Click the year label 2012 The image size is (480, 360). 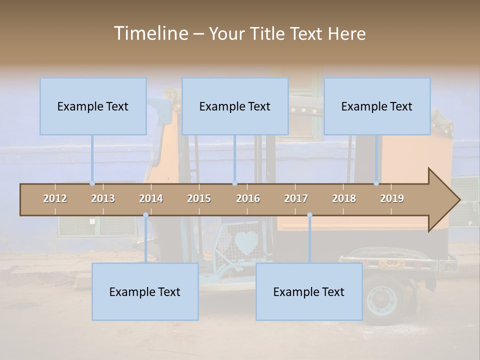[x=55, y=198]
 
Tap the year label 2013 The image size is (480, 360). [x=103, y=198]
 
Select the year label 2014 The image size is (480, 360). [x=151, y=198]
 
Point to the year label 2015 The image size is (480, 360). [x=199, y=198]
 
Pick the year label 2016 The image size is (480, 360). [x=248, y=198]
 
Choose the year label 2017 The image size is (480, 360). [x=296, y=198]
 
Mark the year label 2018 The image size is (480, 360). [x=344, y=198]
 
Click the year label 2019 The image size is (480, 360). [x=392, y=198]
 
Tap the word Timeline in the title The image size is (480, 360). [x=150, y=33]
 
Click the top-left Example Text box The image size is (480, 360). [x=93, y=106]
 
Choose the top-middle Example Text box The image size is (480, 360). [x=235, y=106]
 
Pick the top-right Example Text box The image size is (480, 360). [x=377, y=106]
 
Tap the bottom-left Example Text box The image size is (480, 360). [x=145, y=292]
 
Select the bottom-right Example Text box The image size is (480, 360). [x=309, y=292]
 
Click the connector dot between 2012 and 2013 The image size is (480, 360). [x=92, y=183]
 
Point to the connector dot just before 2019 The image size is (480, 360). [x=376, y=183]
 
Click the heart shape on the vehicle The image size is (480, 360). [x=246, y=243]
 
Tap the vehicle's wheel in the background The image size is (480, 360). [x=382, y=299]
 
